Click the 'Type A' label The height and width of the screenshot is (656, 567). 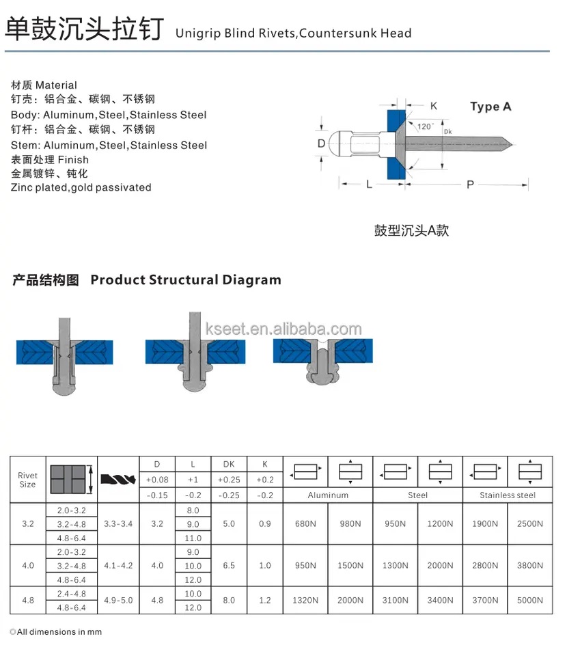point(490,107)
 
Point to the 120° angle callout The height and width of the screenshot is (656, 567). point(425,126)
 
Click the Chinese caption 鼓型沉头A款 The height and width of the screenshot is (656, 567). point(411,230)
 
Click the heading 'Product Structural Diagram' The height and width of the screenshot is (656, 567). point(185,279)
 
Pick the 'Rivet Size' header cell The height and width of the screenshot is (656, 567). point(27,480)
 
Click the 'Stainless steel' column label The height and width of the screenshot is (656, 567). point(507,495)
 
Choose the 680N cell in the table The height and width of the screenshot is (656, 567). point(305,524)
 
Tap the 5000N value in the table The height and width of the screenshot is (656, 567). point(530,600)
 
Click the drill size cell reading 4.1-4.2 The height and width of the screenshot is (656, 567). point(118,566)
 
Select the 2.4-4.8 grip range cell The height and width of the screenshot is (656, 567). point(71,593)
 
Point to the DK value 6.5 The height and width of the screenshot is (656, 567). point(229,566)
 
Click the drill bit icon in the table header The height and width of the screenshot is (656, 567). point(118,479)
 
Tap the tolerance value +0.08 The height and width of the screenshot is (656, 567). point(157,480)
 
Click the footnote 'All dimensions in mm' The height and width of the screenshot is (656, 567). point(56,632)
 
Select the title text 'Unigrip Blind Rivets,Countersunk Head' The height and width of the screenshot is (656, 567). point(294,33)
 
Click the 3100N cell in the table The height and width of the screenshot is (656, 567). point(396,600)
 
